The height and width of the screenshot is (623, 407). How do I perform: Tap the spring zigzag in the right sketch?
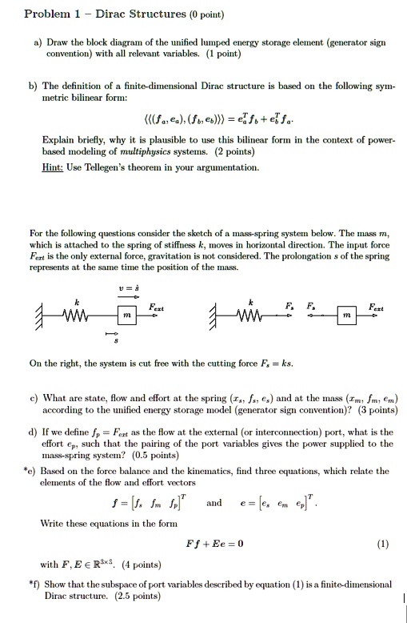(251, 314)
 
